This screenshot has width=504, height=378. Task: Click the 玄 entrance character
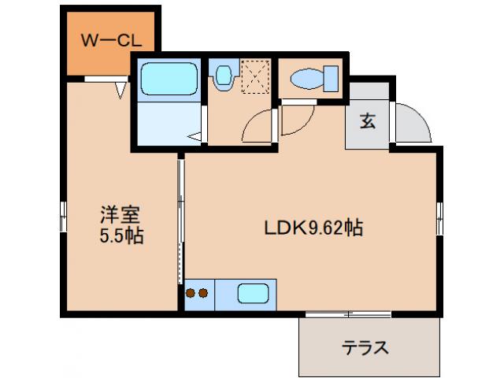(x=368, y=121)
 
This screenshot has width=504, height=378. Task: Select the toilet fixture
(x=312, y=79)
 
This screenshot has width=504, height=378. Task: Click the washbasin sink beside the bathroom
(x=224, y=76)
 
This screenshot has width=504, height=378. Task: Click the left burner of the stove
(x=191, y=295)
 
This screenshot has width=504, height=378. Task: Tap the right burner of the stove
(x=204, y=295)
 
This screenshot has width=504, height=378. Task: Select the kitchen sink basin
(x=254, y=295)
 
